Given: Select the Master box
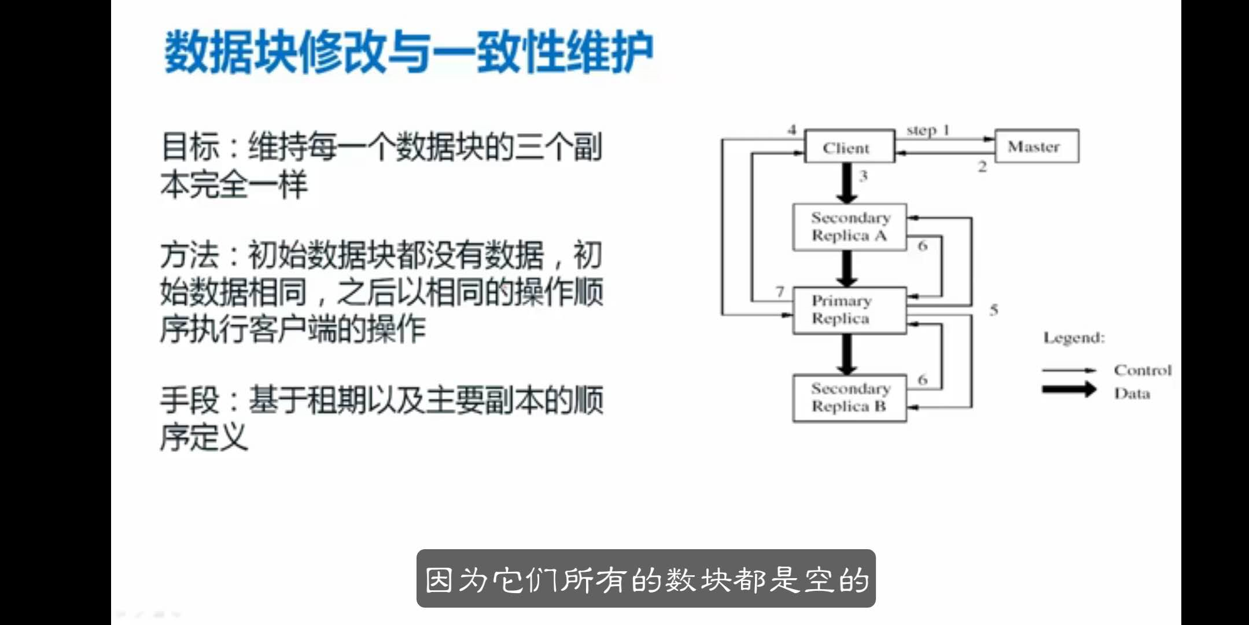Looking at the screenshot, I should click(1036, 146).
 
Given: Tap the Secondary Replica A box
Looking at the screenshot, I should click(849, 227).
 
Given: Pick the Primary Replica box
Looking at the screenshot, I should click(849, 310).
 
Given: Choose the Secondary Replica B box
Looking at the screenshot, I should click(849, 398).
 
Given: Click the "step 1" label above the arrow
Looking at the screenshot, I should click(927, 130).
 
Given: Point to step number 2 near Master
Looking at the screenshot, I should click(982, 167).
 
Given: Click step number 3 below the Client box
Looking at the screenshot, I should click(864, 176).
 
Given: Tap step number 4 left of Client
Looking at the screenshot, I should click(792, 130).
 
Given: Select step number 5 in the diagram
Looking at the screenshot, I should click(993, 310).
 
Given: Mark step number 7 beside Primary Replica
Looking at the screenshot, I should click(780, 292).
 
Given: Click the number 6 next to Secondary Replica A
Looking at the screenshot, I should click(922, 246).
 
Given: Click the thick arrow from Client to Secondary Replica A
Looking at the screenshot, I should click(847, 183).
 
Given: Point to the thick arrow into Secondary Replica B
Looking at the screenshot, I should click(847, 354).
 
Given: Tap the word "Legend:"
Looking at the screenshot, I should click(1074, 338).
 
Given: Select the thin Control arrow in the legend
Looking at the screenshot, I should click(1069, 370).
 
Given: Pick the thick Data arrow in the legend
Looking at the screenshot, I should click(1069, 389).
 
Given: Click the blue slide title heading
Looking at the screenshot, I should click(409, 52).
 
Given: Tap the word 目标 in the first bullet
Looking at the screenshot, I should click(190, 147).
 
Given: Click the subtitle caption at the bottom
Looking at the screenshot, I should click(646, 579).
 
